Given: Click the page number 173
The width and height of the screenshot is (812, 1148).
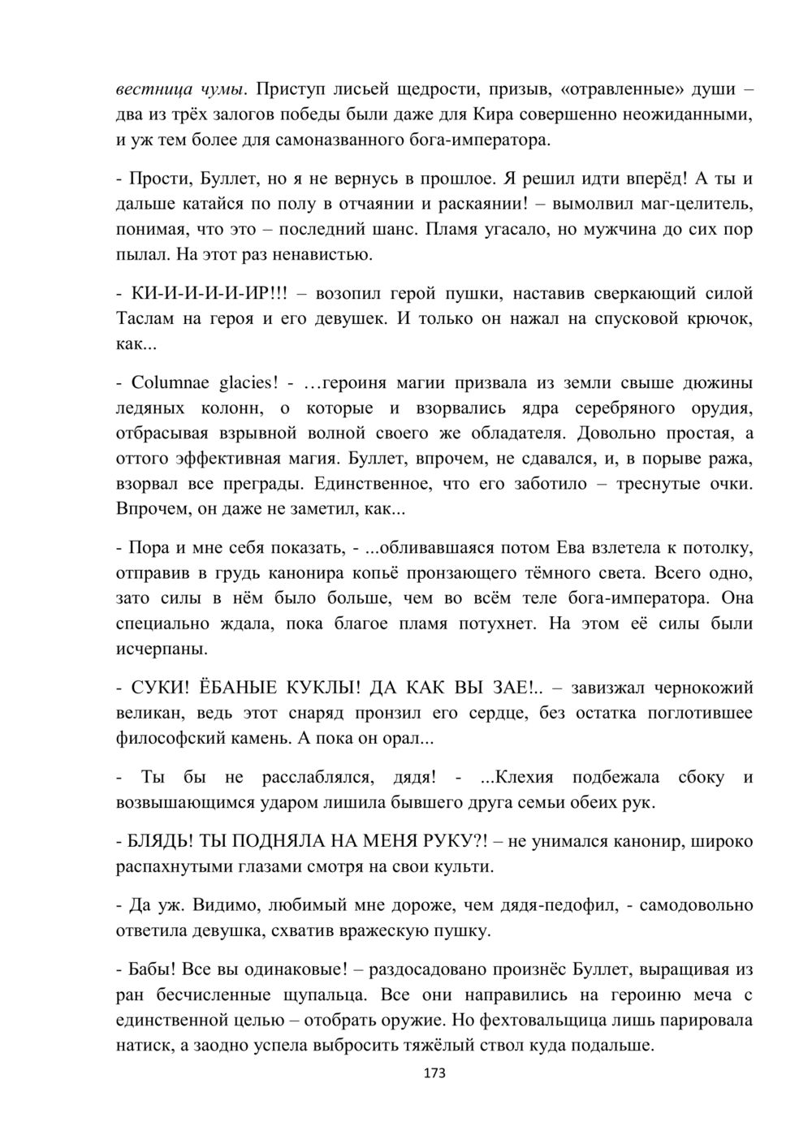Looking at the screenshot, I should (435, 1073).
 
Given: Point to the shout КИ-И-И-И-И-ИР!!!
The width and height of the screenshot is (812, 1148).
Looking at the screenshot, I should (209, 293).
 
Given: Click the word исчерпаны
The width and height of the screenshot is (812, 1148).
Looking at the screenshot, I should (161, 650).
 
